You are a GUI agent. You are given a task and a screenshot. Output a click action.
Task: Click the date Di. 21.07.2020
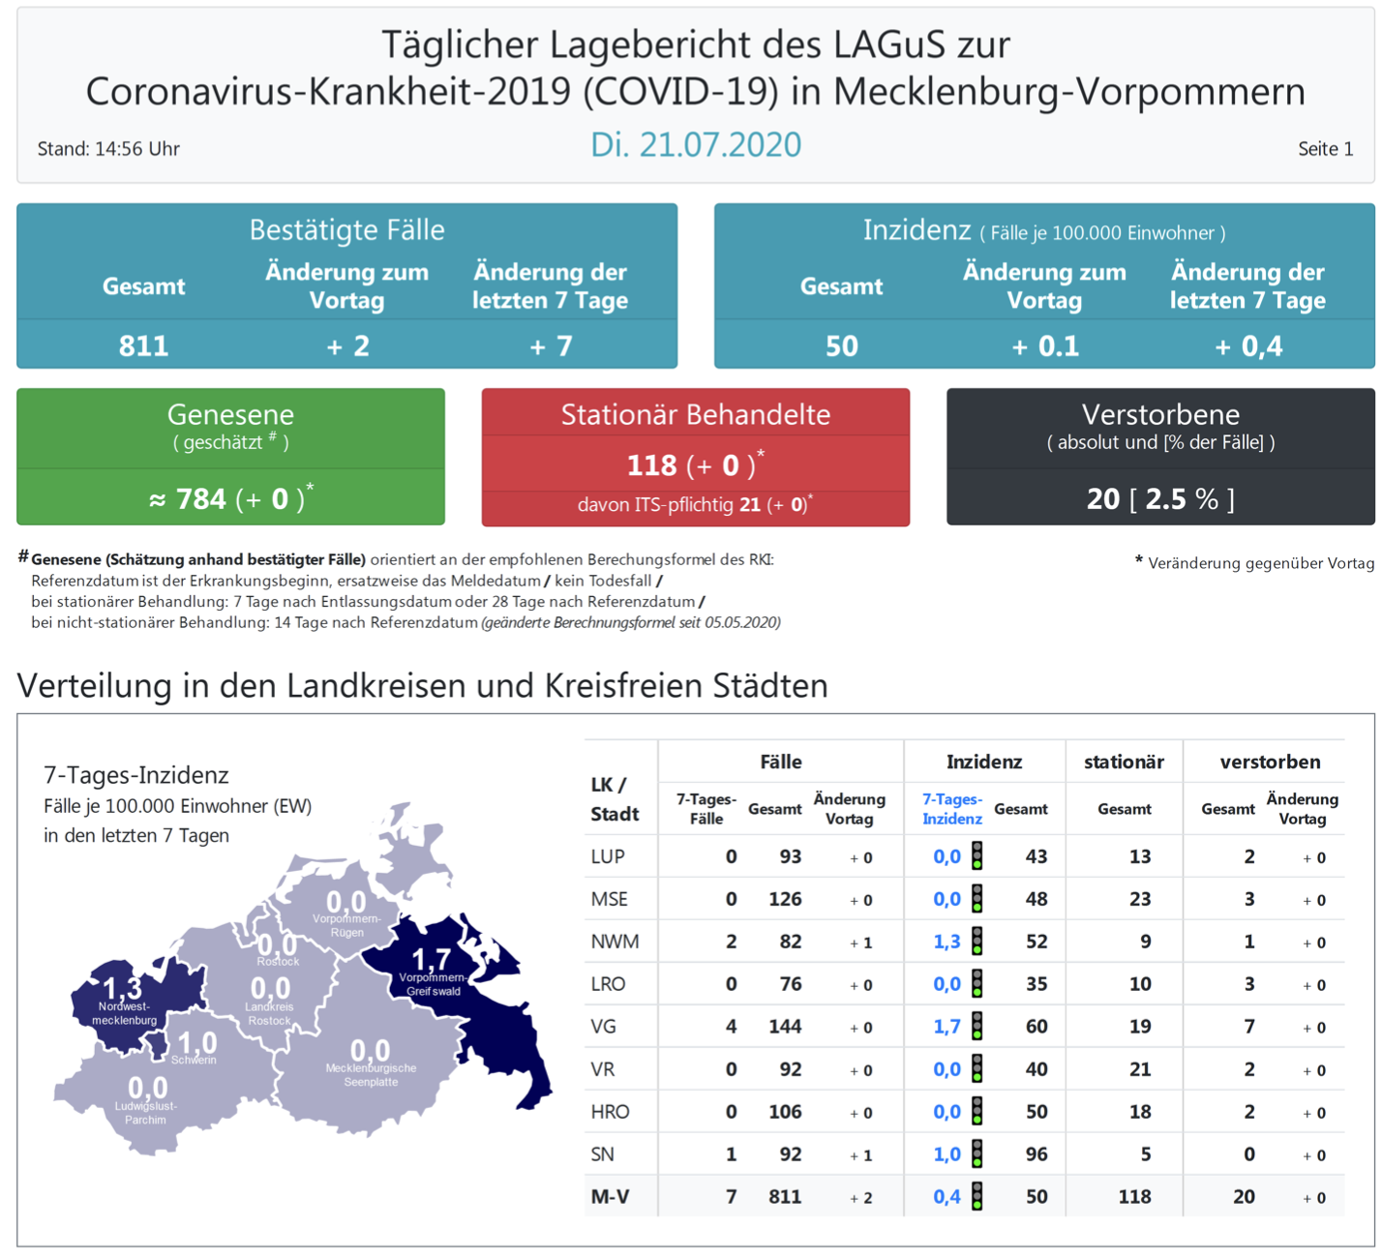coord(696,145)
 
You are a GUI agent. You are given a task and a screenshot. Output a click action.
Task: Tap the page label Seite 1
coord(1325,149)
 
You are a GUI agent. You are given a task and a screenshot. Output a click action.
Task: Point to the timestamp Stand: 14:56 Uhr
coord(108,149)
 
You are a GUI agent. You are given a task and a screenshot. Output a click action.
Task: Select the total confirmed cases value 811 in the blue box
coord(143,346)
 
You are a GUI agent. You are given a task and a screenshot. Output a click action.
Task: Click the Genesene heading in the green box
coord(230,414)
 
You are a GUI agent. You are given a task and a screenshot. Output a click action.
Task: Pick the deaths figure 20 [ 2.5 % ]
coord(1160,499)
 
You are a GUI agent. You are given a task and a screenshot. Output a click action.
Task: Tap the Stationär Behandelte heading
coord(696,414)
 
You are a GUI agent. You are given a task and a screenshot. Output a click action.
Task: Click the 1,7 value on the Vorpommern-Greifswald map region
coord(432,959)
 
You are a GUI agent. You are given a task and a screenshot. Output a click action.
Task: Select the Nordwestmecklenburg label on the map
coord(124,1013)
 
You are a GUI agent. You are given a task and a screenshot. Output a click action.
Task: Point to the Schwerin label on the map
coord(194,1061)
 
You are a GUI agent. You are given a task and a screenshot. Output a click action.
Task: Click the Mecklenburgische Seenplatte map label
coord(371,1075)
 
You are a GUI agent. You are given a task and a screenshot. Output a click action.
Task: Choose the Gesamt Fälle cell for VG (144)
coord(785,1027)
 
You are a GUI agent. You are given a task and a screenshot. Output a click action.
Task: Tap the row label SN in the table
coord(603,1154)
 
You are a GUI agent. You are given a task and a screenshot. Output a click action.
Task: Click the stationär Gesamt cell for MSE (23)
coord(1140,899)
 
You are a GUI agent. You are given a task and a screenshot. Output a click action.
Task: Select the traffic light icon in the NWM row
coord(977,942)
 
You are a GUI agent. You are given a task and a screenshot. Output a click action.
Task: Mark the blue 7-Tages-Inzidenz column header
coord(952,809)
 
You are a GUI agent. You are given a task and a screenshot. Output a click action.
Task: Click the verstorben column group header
coord(1270,763)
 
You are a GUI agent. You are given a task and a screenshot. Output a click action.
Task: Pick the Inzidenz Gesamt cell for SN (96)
coord(1036,1154)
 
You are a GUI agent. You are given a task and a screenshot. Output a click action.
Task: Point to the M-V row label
coord(610,1197)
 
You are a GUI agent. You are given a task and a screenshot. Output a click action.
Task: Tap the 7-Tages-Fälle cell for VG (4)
coord(731,1027)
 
